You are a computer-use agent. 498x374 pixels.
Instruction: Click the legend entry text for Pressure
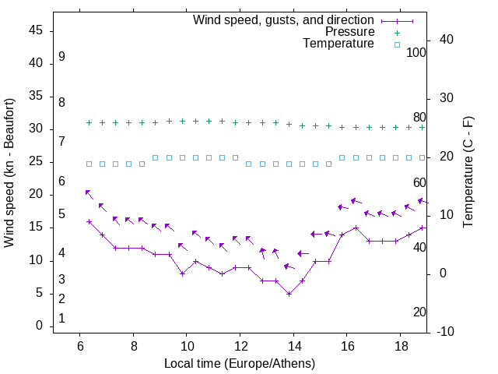pyautogui.click(x=349, y=32)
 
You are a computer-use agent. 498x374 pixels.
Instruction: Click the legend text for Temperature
pyautogui.click(x=338, y=44)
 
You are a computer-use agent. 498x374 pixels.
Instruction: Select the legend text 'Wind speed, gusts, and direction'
pyautogui.click(x=284, y=19)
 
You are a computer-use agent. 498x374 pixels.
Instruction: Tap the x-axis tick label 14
pyautogui.click(x=293, y=346)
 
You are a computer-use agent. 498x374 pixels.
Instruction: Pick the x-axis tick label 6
pyautogui.click(x=79, y=346)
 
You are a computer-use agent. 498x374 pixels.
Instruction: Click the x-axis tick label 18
pyautogui.click(x=400, y=346)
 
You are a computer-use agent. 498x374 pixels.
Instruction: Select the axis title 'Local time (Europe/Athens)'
pyautogui.click(x=240, y=363)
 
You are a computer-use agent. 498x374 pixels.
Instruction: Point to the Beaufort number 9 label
pyautogui.click(x=61, y=57)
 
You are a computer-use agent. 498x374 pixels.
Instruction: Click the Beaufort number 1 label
pyautogui.click(x=61, y=318)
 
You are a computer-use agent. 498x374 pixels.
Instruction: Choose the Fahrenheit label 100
pyautogui.click(x=416, y=53)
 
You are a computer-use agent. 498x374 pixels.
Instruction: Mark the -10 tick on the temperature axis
pyautogui.click(x=449, y=332)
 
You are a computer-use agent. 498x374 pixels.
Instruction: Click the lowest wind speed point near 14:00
pyautogui.click(x=289, y=294)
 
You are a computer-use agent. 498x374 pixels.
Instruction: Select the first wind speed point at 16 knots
pyautogui.click(x=89, y=221)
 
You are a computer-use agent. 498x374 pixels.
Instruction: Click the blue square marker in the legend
pyautogui.click(x=396, y=44)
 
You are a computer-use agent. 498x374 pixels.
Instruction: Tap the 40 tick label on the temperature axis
pyautogui.click(x=446, y=40)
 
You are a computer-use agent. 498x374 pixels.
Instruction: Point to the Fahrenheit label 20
pyautogui.click(x=419, y=312)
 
